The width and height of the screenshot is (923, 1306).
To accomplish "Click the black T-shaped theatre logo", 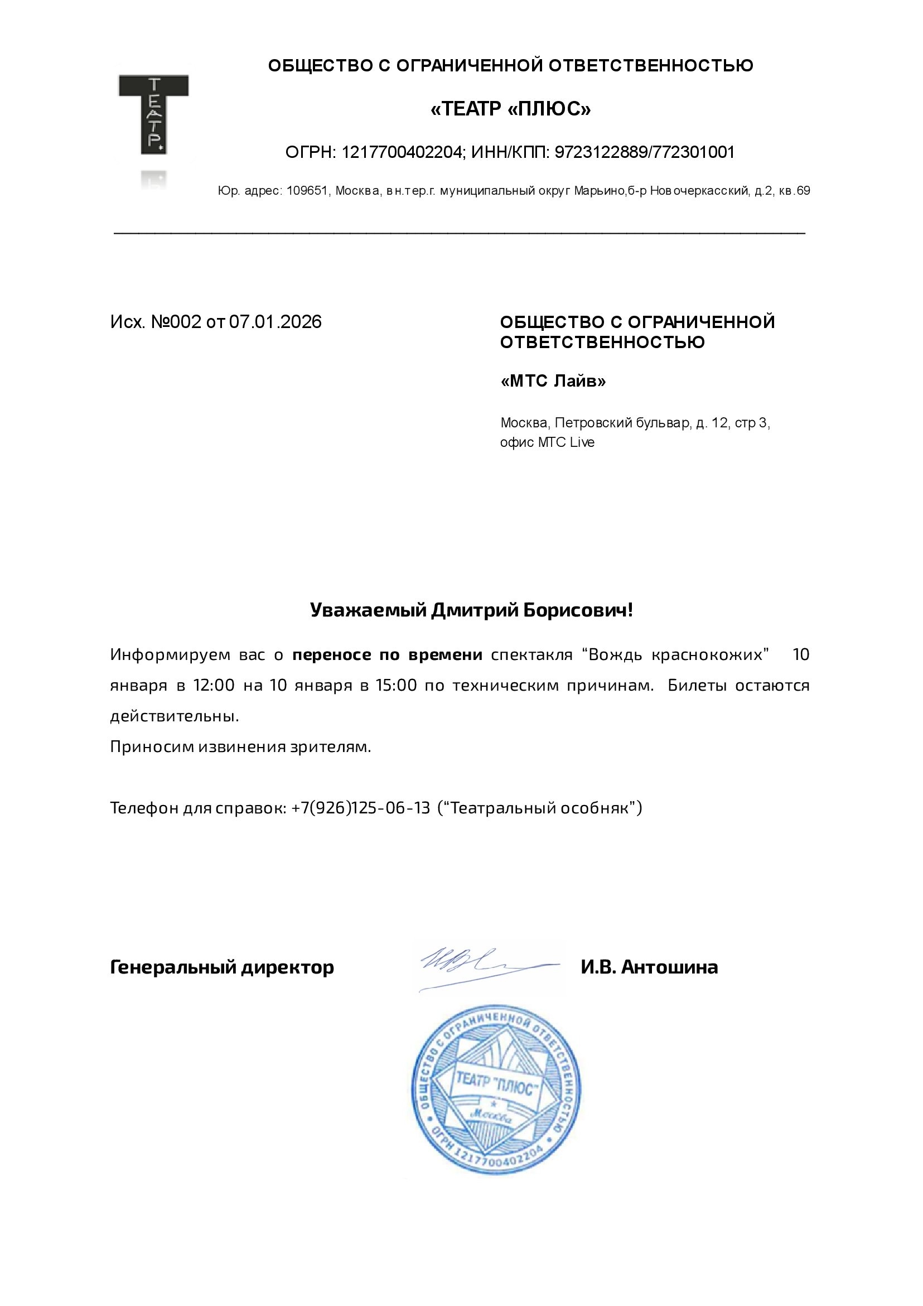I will click(153, 114).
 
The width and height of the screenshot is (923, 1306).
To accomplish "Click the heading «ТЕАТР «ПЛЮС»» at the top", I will click(510, 109).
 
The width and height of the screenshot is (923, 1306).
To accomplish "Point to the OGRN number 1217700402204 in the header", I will click(402, 152).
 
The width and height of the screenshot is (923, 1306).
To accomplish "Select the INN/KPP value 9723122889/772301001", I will click(644, 152).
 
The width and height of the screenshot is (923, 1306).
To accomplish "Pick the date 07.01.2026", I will click(276, 322).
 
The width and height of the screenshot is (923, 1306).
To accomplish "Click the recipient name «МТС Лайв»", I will click(553, 380).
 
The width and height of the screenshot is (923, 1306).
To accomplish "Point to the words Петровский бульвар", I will click(623, 423).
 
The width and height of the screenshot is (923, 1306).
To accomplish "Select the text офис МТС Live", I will click(547, 442).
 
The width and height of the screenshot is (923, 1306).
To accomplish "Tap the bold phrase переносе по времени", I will click(387, 655).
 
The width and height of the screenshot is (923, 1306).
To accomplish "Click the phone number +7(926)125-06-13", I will click(361, 808).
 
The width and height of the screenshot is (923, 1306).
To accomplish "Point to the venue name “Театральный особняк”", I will click(540, 808).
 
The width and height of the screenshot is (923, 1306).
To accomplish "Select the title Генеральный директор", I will click(222, 967).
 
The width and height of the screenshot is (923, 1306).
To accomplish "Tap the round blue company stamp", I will click(495, 1090).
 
